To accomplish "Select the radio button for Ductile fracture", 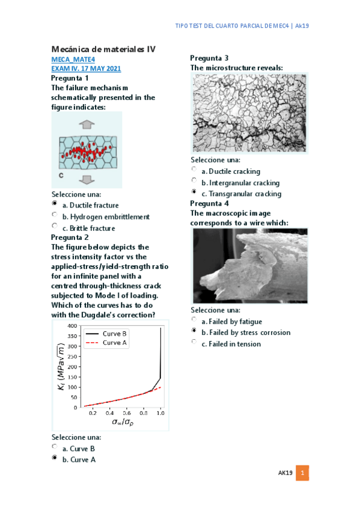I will click(x=55, y=204).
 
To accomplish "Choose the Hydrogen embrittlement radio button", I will click(x=55, y=215).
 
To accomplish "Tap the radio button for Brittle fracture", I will click(x=55, y=227).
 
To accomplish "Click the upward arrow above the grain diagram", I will click(x=87, y=124).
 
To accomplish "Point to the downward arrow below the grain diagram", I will click(x=87, y=179).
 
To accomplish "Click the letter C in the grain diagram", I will click(x=61, y=175).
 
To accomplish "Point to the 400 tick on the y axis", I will click(x=72, y=326).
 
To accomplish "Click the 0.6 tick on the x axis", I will click(x=127, y=414).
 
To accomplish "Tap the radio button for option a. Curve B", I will click(x=55, y=447).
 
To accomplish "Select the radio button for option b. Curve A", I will click(x=55, y=458).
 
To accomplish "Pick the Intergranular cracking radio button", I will click(x=194, y=181).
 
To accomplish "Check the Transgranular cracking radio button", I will click(x=194, y=192).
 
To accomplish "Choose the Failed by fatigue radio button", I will click(x=194, y=320).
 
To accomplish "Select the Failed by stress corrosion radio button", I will click(x=194, y=331).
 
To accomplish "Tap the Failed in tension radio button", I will click(x=194, y=342).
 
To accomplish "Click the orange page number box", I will click(x=304, y=474).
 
